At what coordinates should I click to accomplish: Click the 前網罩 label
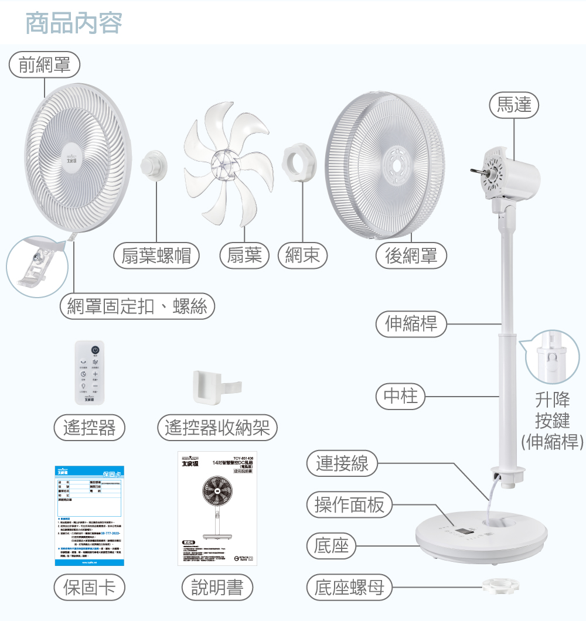tap(45, 65)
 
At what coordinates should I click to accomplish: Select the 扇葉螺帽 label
tap(156, 256)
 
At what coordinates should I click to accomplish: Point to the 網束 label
tap(303, 256)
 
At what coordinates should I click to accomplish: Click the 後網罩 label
tap(411, 256)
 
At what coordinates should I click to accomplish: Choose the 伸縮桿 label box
tap(411, 323)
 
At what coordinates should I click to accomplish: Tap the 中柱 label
tap(401, 397)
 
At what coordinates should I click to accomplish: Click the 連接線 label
tap(343, 464)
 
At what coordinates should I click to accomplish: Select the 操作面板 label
tap(350, 505)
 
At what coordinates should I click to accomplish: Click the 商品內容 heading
tap(74, 23)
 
